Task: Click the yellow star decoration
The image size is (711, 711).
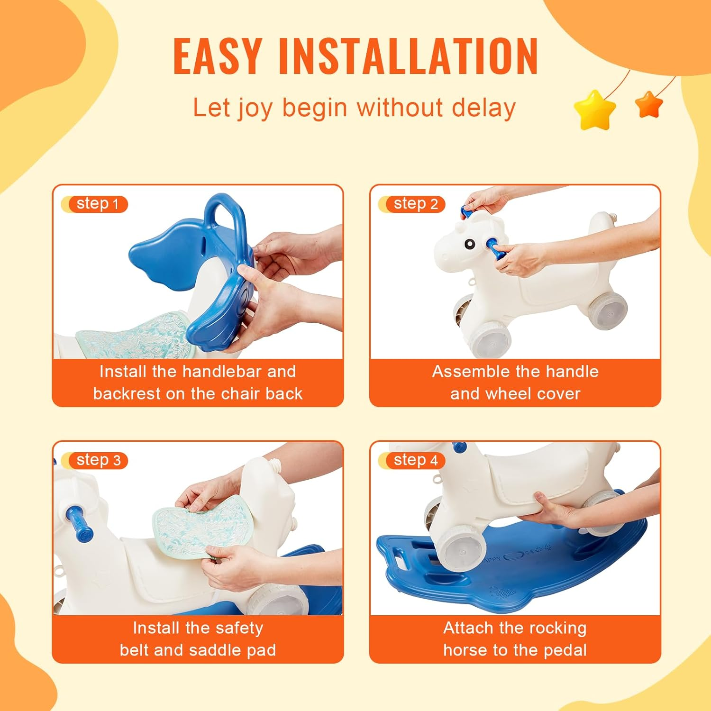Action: [594, 110]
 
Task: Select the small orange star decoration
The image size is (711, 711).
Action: [649, 105]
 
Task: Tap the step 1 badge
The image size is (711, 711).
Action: [97, 204]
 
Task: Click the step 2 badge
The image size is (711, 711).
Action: [415, 204]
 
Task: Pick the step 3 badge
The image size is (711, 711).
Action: [98, 460]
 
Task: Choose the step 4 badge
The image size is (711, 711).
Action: [415, 460]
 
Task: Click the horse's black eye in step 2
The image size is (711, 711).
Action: [469, 244]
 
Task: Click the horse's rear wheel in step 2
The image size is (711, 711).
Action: [608, 309]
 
